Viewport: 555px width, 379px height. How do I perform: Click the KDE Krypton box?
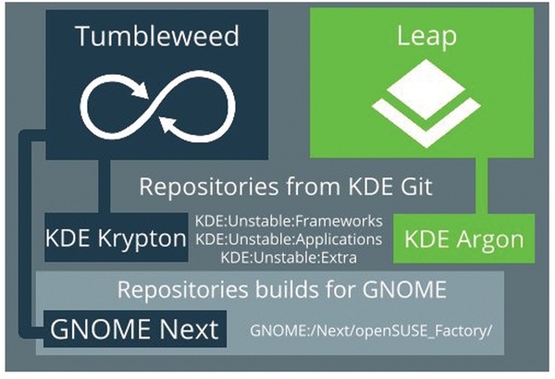tap(116, 238)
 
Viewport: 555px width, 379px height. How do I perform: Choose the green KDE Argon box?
tap(458, 238)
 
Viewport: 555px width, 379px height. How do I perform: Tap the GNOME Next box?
tap(131, 328)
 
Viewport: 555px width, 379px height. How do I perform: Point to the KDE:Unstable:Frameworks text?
tap(289, 223)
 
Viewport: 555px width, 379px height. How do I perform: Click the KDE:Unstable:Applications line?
tap(289, 239)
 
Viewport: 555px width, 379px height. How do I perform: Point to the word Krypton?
tap(144, 238)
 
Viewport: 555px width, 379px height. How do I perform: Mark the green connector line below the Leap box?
tap(480, 185)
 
